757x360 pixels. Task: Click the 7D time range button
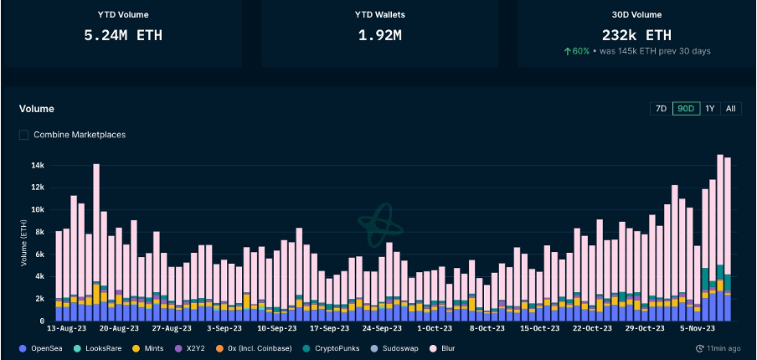click(x=661, y=109)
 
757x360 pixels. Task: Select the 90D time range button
click(x=686, y=109)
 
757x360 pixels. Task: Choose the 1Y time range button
click(x=710, y=109)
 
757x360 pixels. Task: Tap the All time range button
click(x=731, y=109)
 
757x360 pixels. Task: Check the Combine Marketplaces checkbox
click(x=24, y=135)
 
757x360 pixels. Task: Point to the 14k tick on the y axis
click(x=39, y=165)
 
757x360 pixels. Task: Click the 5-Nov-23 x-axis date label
click(x=697, y=329)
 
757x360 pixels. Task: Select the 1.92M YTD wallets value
click(x=381, y=36)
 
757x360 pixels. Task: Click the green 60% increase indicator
click(x=579, y=51)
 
